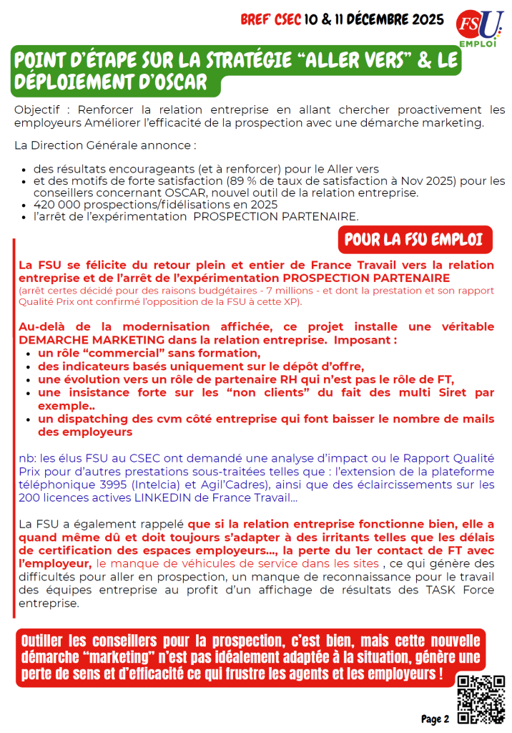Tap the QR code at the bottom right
480,697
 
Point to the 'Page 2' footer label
435,719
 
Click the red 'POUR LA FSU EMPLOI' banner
415,238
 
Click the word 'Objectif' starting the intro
37,110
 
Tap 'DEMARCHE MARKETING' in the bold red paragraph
84,340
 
